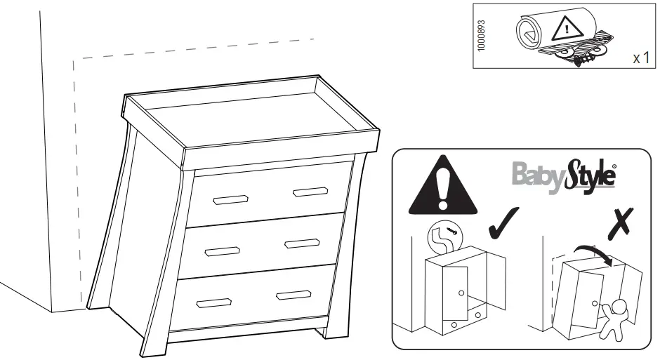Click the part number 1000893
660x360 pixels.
click(480, 35)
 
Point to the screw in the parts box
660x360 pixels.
click(580, 62)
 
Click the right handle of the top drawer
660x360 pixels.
click(310, 191)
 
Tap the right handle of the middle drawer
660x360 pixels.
click(302, 244)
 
